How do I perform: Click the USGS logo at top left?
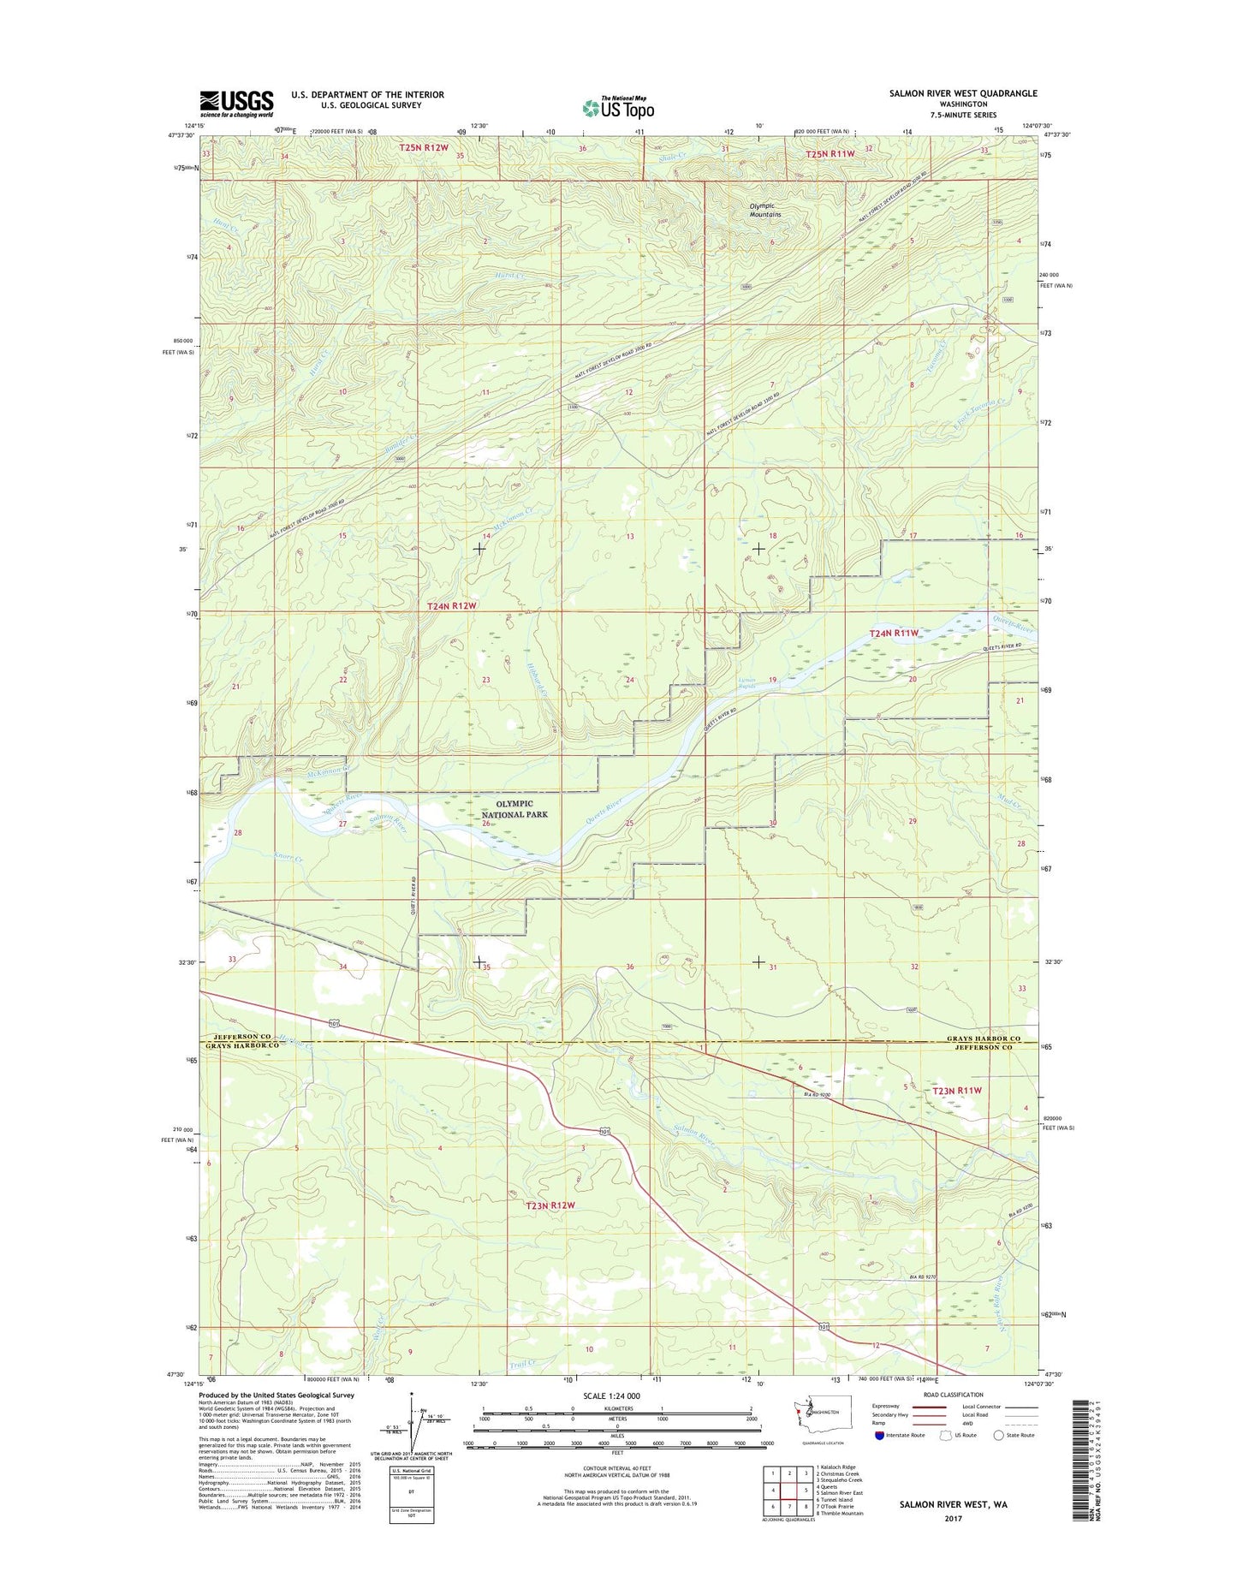[236, 104]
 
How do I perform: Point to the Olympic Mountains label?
[765, 210]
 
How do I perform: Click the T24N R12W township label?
[451, 605]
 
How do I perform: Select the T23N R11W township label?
[956, 1091]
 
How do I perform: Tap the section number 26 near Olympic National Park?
[485, 824]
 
